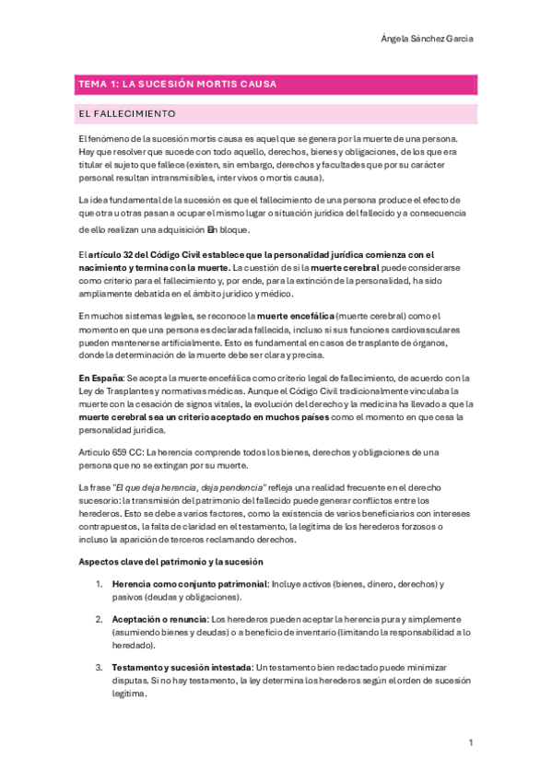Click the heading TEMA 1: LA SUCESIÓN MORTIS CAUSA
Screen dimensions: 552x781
(178, 85)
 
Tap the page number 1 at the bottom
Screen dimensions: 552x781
(471, 742)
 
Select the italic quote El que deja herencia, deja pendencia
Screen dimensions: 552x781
(192, 486)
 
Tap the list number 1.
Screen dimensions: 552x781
(99, 585)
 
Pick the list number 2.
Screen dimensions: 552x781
(99, 620)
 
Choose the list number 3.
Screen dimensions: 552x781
(99, 666)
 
